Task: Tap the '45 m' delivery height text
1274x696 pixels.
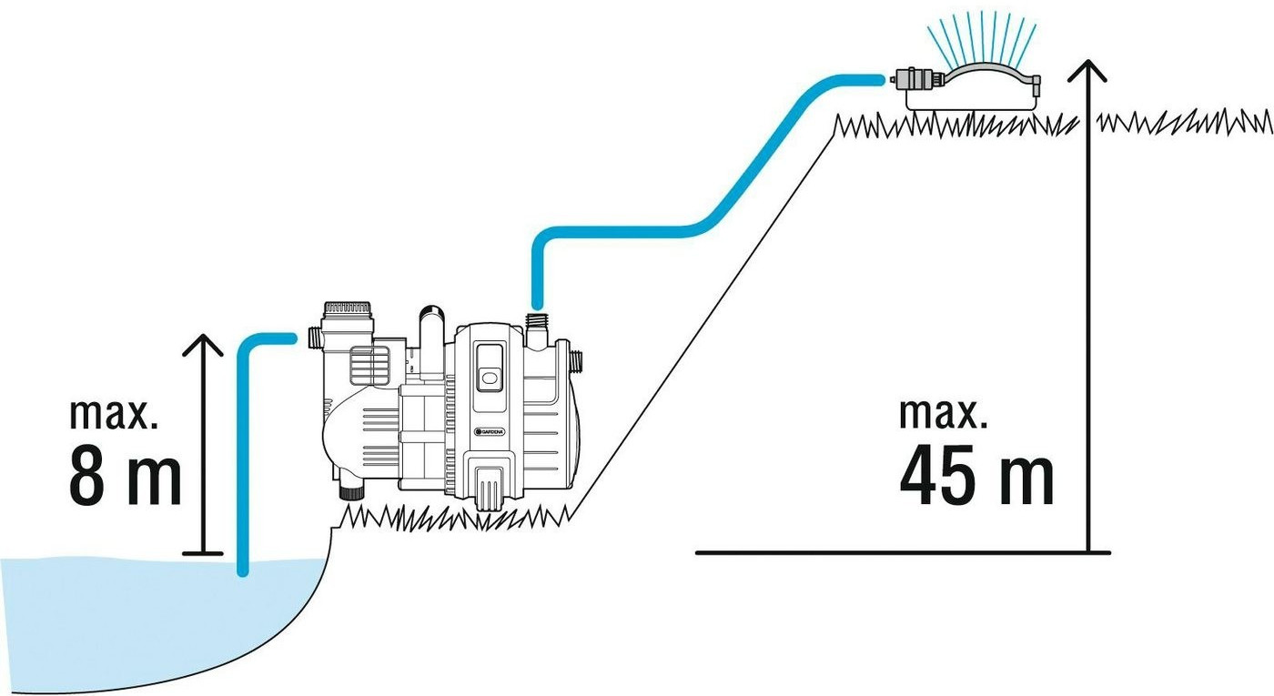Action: click(x=976, y=475)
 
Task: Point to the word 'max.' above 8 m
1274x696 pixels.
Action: click(x=114, y=415)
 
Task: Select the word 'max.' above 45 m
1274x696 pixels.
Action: click(x=943, y=413)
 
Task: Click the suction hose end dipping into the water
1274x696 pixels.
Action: click(x=242, y=568)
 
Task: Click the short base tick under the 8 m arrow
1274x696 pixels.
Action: click(x=202, y=552)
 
